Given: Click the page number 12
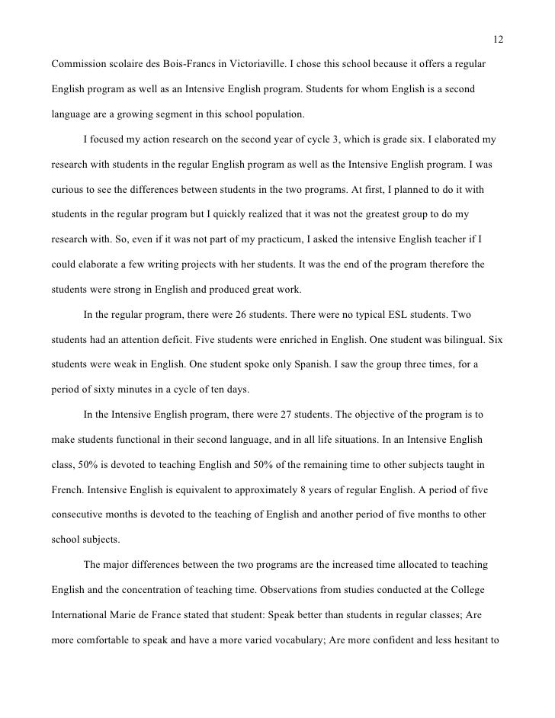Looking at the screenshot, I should pos(498,39).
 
